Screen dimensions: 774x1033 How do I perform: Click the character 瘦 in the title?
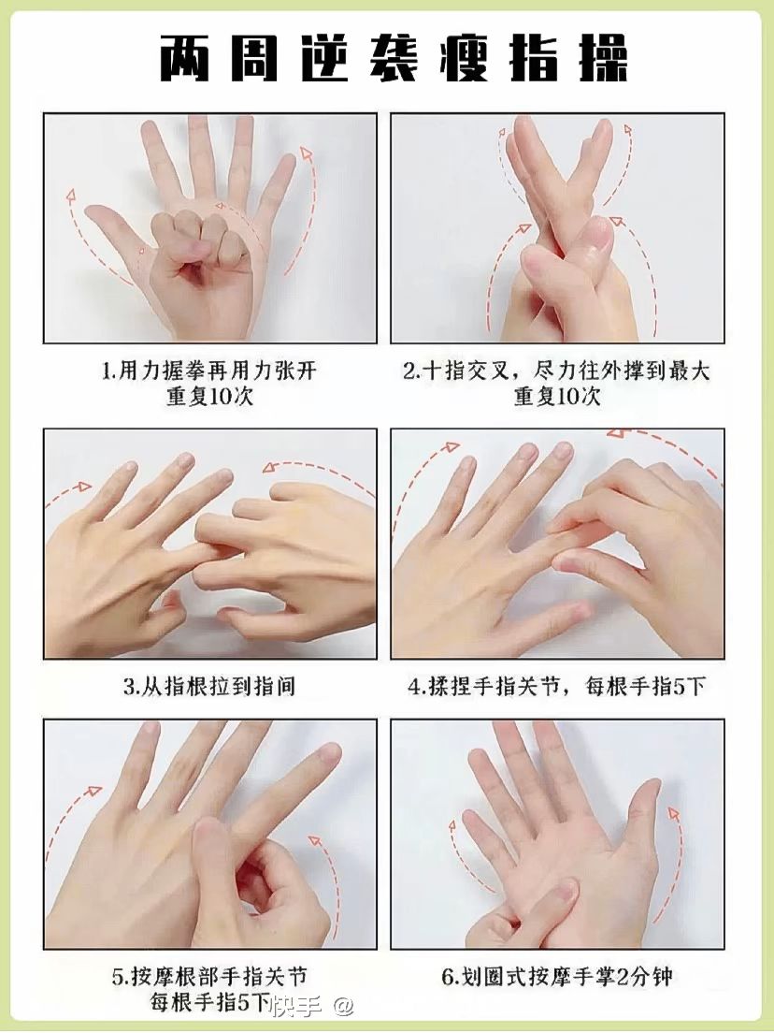[x=466, y=59]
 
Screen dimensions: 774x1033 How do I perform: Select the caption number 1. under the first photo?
[x=108, y=371]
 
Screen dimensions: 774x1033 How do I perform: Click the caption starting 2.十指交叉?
[x=557, y=371]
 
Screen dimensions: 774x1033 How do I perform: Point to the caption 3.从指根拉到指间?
[x=209, y=687]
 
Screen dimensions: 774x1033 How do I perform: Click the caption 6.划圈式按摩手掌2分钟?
[x=557, y=976]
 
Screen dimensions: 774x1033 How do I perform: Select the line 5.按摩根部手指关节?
[x=209, y=976]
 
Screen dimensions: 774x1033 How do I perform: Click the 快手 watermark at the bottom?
[x=297, y=1006]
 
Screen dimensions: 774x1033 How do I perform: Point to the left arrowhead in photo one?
[x=70, y=196]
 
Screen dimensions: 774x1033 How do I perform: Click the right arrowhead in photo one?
[x=305, y=153]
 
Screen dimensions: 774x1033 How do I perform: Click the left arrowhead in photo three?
[x=83, y=487]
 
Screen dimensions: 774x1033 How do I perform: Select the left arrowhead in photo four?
[x=451, y=447]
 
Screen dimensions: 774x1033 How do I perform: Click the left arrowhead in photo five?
[x=94, y=790]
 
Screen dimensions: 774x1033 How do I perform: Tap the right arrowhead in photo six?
[x=673, y=814]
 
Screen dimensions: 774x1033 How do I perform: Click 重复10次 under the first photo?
[x=209, y=398]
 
